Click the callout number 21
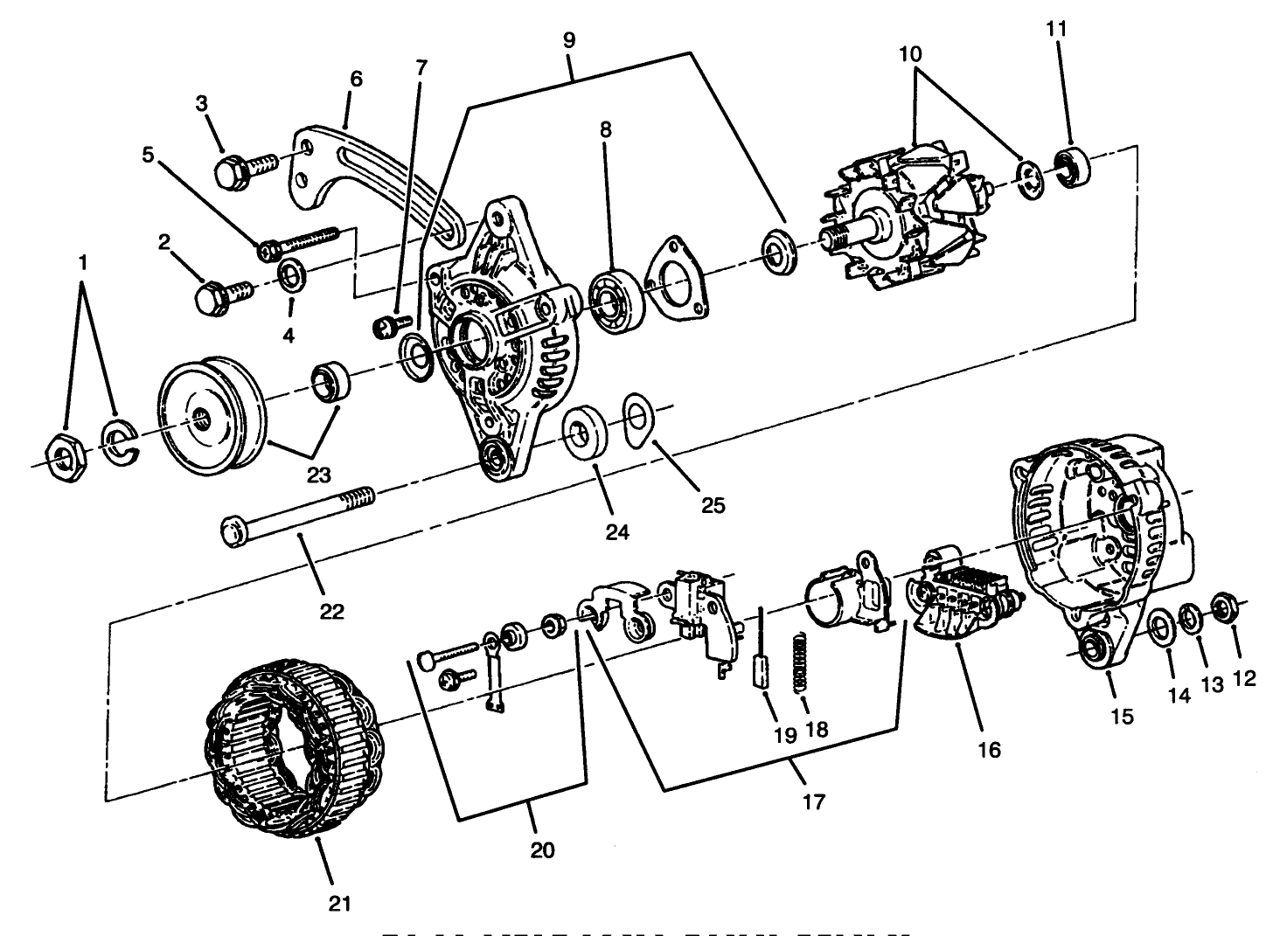pyautogui.click(x=339, y=904)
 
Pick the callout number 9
pyautogui.click(x=568, y=39)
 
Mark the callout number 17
pyautogui.click(x=813, y=801)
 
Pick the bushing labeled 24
pyautogui.click(x=585, y=432)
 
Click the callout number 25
pyautogui.click(x=713, y=504)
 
